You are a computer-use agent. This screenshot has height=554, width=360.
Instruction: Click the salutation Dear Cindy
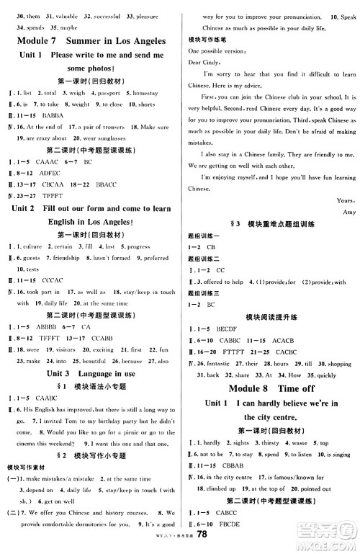(205, 61)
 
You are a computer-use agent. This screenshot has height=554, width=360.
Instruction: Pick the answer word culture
(35, 246)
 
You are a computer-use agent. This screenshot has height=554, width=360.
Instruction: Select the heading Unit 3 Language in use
(90, 374)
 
